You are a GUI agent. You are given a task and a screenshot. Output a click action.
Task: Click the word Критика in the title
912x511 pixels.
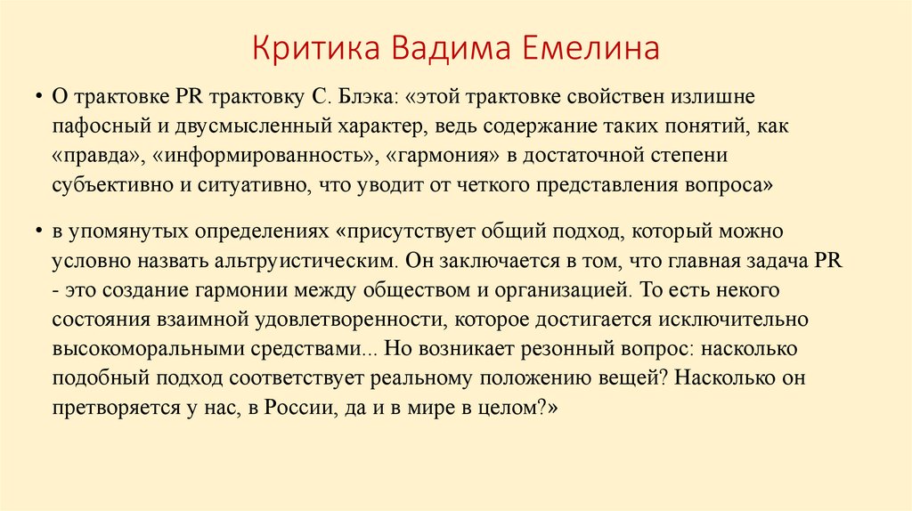305,48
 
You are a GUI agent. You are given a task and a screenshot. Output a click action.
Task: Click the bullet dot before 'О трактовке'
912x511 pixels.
40,96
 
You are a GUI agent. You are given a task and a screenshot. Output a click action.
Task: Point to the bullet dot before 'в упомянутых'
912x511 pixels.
40,231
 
